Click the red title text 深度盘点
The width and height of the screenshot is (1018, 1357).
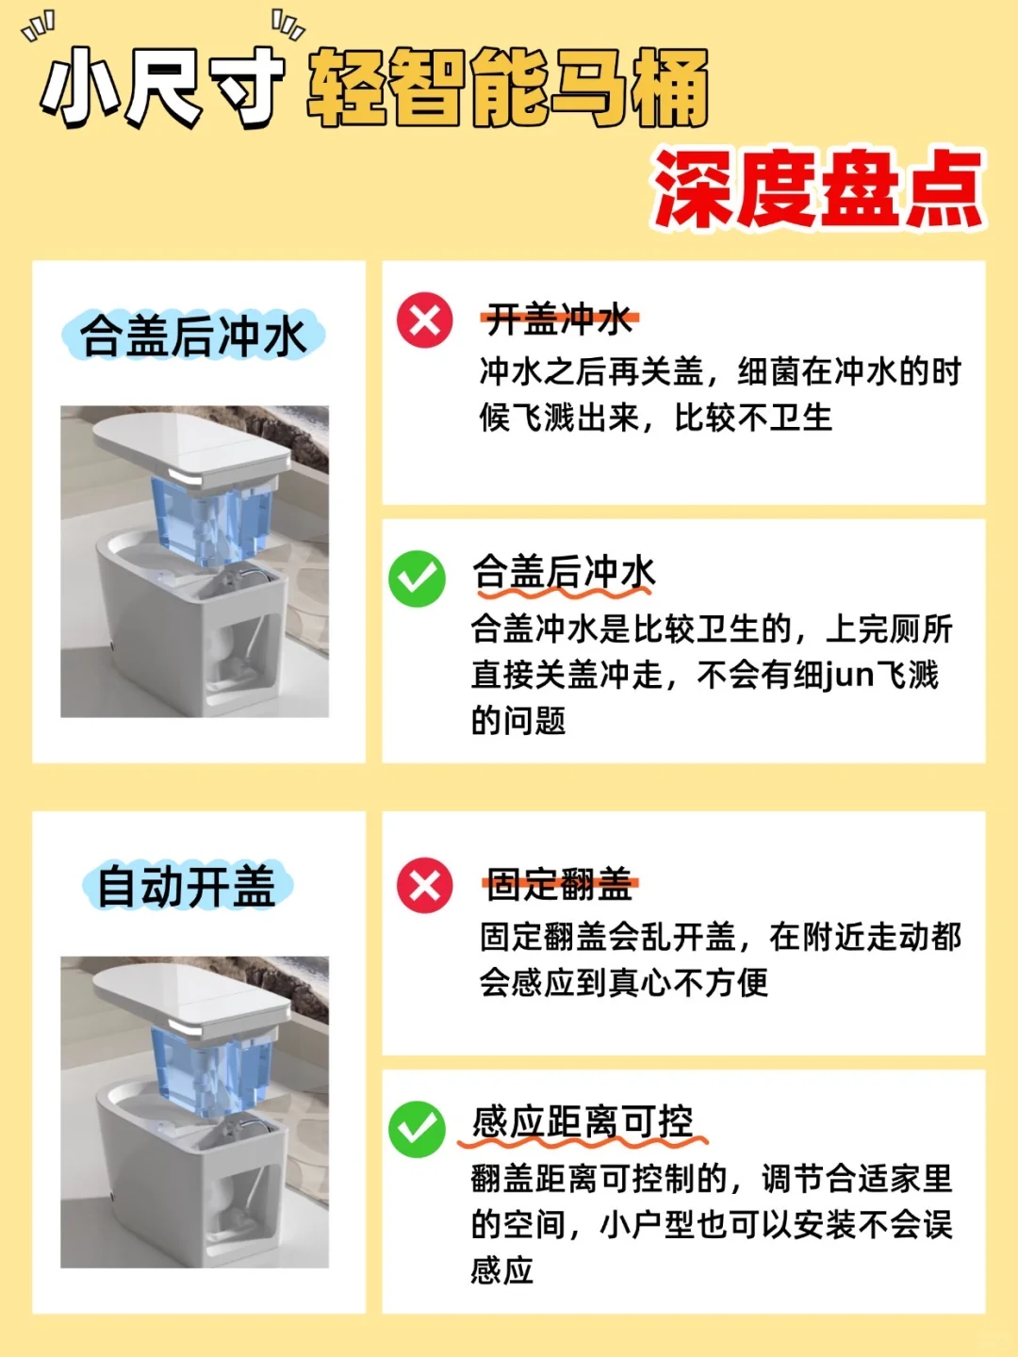[818, 189]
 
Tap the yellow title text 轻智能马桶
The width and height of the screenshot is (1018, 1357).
[508, 88]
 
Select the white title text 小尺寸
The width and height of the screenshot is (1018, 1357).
[162, 88]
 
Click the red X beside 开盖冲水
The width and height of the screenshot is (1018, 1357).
[424, 320]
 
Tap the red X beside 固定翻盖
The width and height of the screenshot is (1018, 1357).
[424, 885]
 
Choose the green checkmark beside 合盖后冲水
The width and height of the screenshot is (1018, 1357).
[418, 579]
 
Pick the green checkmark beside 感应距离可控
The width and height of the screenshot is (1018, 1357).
[418, 1129]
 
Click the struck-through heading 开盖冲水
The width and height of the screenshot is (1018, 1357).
[560, 319]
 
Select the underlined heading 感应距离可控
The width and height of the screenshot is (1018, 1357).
[583, 1122]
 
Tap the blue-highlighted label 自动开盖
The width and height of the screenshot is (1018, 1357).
[187, 886]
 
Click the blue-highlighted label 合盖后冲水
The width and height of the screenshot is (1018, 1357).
[193, 335]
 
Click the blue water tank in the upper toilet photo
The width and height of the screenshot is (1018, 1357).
[212, 519]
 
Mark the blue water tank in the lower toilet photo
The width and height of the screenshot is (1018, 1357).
[212, 1069]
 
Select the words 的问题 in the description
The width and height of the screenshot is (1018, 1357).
[518, 720]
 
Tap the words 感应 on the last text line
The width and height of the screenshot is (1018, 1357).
[501, 1271]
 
